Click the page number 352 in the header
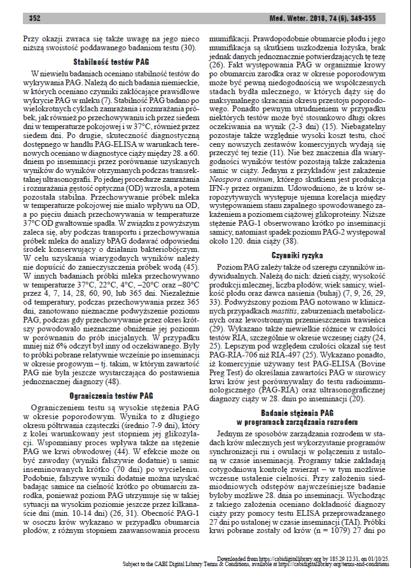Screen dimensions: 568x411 [35, 18]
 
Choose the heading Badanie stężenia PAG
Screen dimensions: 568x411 [303, 413]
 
